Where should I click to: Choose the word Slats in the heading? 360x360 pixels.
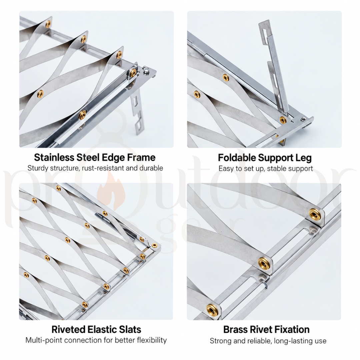tap(130, 329)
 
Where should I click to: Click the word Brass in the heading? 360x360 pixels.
tap(235, 330)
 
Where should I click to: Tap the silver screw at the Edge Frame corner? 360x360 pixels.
tap(146, 70)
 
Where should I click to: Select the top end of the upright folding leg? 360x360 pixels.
tap(264, 22)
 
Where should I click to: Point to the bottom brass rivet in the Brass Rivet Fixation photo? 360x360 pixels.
tap(212, 310)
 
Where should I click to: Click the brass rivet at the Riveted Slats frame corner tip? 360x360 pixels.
tap(154, 246)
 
